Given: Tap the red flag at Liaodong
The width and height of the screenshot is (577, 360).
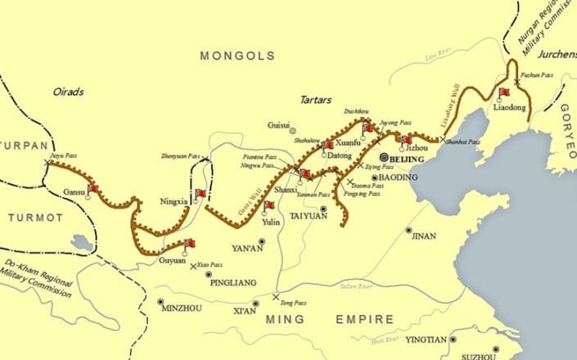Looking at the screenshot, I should click(x=504, y=92).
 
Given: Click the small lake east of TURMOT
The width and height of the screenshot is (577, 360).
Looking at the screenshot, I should click(x=81, y=243).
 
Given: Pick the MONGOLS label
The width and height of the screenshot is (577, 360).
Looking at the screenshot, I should click(x=237, y=56).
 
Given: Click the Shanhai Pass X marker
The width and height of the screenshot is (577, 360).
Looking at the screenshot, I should click(x=442, y=140).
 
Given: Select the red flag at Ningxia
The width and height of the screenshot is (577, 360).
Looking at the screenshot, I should click(x=200, y=195).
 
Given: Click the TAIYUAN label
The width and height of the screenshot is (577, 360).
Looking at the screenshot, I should click(x=309, y=218).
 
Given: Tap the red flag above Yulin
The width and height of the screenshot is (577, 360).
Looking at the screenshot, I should click(x=268, y=205).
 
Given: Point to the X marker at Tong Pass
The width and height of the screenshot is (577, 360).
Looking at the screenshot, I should click(x=276, y=296).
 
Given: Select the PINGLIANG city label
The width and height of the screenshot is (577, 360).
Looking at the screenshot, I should click(x=234, y=282).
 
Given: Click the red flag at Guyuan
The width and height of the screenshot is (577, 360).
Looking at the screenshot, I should click(x=190, y=244).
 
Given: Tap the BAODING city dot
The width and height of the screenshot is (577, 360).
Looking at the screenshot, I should click(x=374, y=177).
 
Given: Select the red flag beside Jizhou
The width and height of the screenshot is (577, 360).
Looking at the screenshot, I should click(x=407, y=140).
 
